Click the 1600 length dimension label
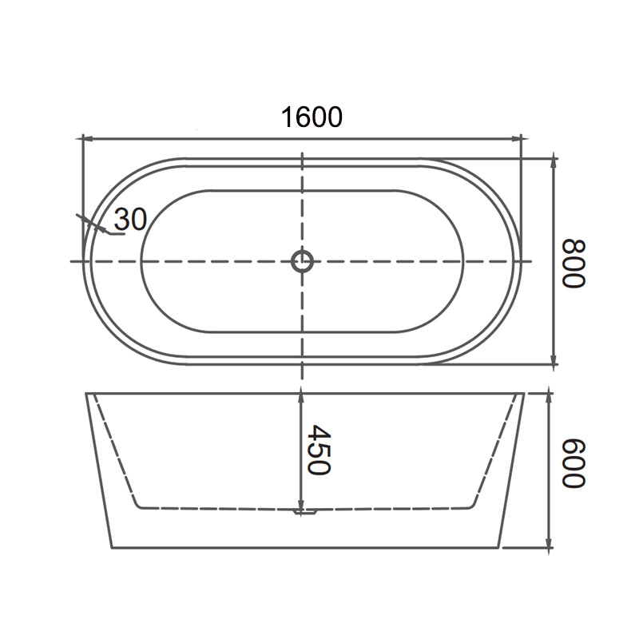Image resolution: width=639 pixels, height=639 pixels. [312, 117]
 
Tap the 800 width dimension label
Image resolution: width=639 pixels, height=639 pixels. [574, 264]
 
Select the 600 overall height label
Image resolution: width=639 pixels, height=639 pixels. [574, 464]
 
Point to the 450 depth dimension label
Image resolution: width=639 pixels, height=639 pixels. [318, 450]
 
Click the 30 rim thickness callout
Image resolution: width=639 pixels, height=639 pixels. [130, 220]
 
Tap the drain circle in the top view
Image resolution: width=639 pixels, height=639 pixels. [302, 261]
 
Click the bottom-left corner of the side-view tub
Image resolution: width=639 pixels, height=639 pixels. [112, 548]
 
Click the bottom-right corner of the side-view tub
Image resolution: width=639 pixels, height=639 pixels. [499, 548]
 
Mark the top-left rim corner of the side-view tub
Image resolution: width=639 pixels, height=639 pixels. [85, 392]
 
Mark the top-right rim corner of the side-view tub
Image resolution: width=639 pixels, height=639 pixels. [525, 392]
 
